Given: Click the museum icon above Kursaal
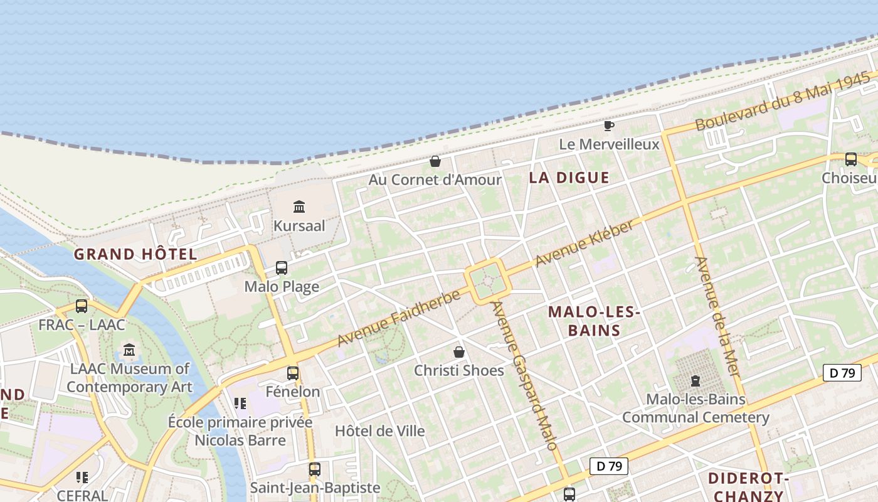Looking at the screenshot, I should tap(299, 206).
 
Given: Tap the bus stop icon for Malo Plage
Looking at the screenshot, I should tap(282, 268).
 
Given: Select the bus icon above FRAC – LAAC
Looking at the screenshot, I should tap(82, 306).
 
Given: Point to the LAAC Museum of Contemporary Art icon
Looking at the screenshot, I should tap(129, 350).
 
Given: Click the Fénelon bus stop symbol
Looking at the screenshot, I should tap(293, 373).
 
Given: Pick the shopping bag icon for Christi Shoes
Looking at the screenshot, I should tap(459, 352).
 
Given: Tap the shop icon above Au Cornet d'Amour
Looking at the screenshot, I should tap(435, 161).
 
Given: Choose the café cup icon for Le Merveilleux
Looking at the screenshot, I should tap(608, 125).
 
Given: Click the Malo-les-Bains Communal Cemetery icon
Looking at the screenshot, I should tap(695, 380).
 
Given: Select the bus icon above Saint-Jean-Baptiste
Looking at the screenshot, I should tap(315, 469).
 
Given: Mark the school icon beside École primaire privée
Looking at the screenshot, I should tap(240, 403).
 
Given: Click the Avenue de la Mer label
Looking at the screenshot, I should tap(717, 317).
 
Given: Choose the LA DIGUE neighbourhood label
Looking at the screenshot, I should tap(569, 178).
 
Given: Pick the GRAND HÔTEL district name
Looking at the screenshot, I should tap(135, 254).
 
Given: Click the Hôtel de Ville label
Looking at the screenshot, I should tap(380, 431).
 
